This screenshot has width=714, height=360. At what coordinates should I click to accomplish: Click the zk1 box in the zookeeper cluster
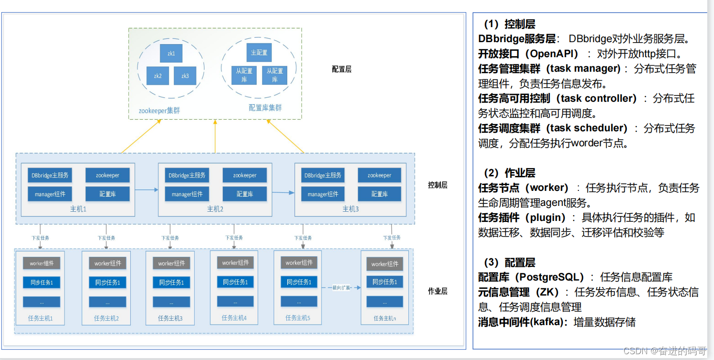pos(171,53)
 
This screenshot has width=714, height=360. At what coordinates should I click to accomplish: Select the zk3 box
pos(185,76)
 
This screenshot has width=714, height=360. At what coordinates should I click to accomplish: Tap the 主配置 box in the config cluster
pos(259,52)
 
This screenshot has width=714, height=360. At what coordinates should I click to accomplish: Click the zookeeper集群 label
pos(159,110)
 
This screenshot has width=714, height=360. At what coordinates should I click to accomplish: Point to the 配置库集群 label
pos(265,108)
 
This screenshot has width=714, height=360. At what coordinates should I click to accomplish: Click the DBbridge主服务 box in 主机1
pos(50,175)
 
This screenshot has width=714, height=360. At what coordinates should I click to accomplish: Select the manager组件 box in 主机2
pos(187,194)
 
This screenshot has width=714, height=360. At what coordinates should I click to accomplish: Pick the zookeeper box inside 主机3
pos(379,175)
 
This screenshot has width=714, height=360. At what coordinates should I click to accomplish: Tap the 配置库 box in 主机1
pos(108,194)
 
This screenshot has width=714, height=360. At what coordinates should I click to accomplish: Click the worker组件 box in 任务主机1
pos(41,264)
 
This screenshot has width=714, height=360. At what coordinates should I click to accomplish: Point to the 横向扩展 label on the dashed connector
pos(341,287)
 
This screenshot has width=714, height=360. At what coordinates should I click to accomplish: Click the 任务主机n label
pos(385,318)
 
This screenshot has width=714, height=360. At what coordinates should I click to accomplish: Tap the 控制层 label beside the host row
pos(437,185)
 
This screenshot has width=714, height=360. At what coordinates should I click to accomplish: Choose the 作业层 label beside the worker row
pos(437,291)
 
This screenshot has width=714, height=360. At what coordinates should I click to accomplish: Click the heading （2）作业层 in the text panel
pos(510,173)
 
